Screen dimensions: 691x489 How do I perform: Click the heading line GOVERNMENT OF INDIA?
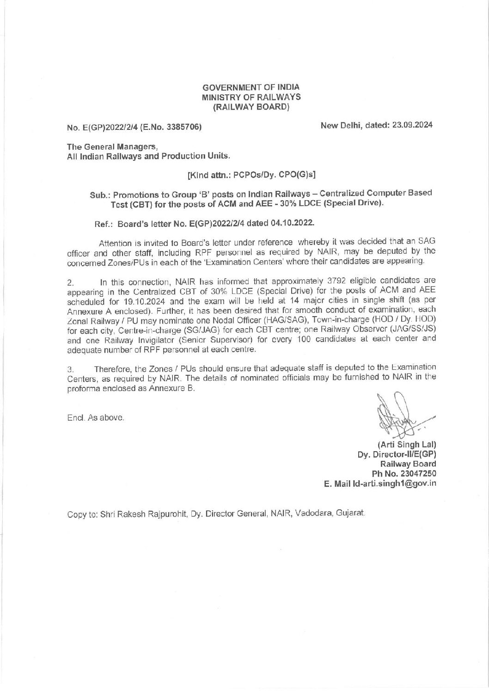coord(251,87)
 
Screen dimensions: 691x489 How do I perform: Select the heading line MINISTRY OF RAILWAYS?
coord(251,97)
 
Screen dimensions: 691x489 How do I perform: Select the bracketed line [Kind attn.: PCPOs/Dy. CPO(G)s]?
coord(251,175)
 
